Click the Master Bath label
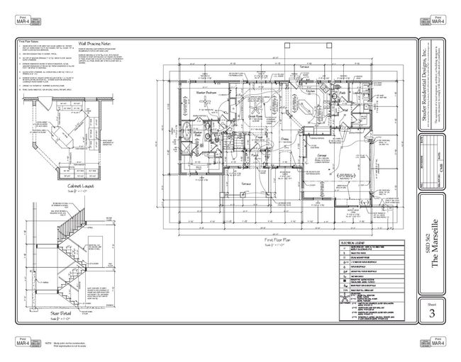click(x=199, y=132)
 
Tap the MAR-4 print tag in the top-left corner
click(x=22, y=20)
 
